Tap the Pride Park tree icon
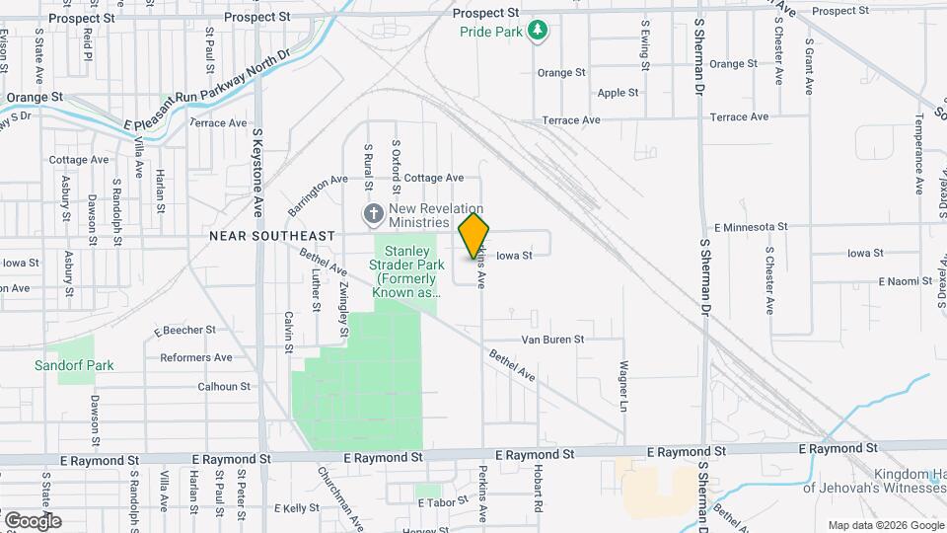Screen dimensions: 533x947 point(537,32)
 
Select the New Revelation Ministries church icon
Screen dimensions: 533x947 point(374,213)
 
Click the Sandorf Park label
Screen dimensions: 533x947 point(74,365)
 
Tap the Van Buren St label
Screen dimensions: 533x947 point(552,339)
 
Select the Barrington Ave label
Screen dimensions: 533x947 point(319,195)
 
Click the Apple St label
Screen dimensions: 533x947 point(619,93)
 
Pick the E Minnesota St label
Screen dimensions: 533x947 point(749,227)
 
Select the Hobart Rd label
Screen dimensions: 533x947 point(539,490)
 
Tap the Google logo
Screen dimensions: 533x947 point(33,520)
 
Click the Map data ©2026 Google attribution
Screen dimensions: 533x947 point(885,524)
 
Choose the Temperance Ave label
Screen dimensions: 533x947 point(917,152)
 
